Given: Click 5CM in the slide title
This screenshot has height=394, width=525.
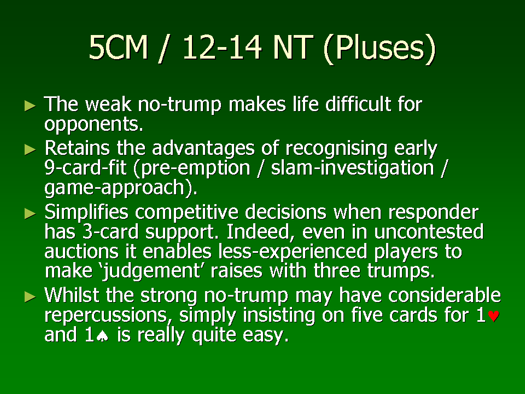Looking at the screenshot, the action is pyautogui.click(x=118, y=47).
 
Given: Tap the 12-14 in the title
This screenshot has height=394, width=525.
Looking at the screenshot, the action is pyautogui.click(x=222, y=47).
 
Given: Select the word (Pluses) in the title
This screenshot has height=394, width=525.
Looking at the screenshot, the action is pyautogui.click(x=380, y=49).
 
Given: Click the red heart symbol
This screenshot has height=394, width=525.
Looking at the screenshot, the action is pyautogui.click(x=493, y=316).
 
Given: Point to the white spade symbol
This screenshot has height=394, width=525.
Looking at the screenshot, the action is pyautogui.click(x=102, y=336).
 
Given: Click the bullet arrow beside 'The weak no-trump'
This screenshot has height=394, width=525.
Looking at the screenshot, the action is pyautogui.click(x=30, y=106).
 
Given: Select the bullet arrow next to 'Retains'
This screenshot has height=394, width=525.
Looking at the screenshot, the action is pyautogui.click(x=30, y=149).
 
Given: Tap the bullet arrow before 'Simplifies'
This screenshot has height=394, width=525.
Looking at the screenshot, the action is pyautogui.click(x=30, y=213).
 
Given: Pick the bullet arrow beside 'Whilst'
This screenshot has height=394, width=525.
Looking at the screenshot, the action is pyautogui.click(x=30, y=297).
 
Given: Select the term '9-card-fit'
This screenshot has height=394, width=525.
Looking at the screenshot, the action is pyautogui.click(x=85, y=167).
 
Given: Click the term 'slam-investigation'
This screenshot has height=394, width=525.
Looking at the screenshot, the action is pyautogui.click(x=353, y=168).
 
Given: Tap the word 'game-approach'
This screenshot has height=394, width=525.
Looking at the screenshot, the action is pyautogui.click(x=114, y=188).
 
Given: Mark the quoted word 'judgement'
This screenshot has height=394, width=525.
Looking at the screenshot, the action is pyautogui.click(x=152, y=271).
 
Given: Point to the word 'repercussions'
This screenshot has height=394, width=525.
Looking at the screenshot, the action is pyautogui.click(x=106, y=316).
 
